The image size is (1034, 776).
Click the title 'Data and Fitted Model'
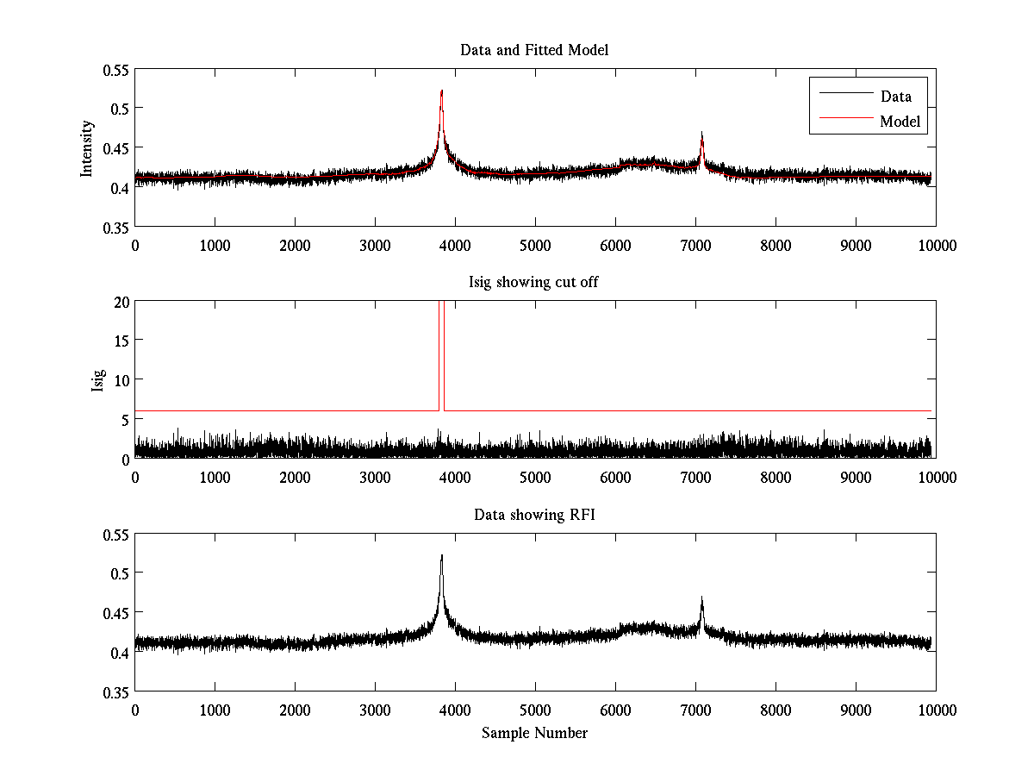[534, 50]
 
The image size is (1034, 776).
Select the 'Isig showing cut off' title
[534, 282]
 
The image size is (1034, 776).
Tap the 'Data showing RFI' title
[534, 515]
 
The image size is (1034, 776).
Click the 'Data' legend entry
[895, 96]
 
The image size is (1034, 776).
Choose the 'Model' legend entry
[900, 122]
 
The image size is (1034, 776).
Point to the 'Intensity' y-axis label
[87, 147]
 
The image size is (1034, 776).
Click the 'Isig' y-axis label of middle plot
[97, 380]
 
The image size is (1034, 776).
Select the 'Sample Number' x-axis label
[534, 733]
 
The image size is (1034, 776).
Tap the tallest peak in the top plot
[441, 91]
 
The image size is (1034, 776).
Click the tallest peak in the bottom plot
[441, 556]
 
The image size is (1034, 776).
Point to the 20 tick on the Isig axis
[121, 301]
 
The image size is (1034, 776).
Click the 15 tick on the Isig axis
[121, 341]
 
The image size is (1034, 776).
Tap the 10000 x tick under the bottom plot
[936, 710]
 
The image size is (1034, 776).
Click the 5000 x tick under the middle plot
[535, 477]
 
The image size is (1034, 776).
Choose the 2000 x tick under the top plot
[295, 245]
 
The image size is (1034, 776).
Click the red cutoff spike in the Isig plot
[441, 345]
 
